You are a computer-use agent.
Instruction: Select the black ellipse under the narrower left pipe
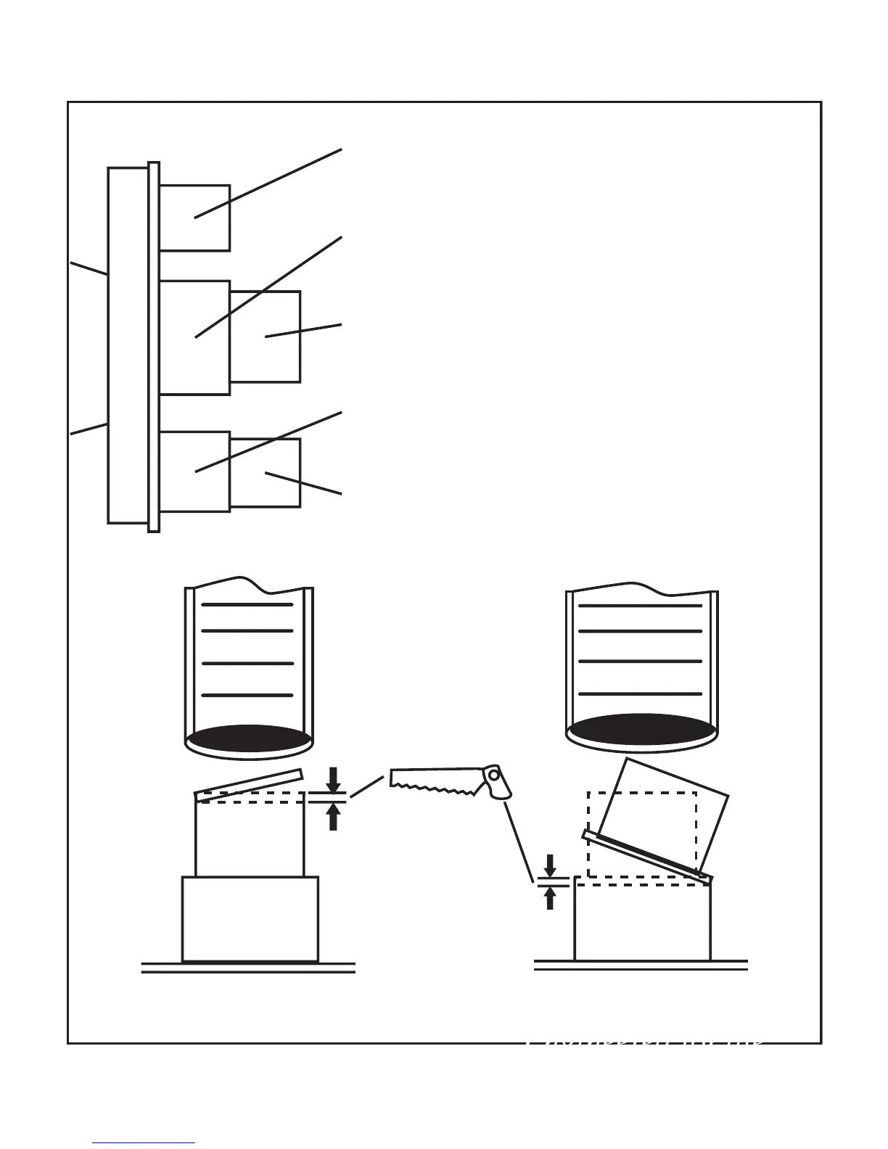[249, 738]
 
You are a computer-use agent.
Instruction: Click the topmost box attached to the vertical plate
[194, 218]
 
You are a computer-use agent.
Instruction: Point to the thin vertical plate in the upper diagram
[153, 347]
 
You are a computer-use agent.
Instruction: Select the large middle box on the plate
[194, 337]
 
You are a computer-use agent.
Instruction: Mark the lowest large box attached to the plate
[194, 471]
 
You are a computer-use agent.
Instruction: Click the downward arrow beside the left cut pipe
[334, 780]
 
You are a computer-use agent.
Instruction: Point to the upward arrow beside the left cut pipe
[334, 818]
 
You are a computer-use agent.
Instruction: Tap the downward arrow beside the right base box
[550, 865]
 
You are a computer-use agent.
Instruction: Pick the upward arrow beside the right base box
[550, 899]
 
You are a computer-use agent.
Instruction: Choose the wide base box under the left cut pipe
[250, 918]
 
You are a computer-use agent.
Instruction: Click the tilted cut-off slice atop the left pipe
[249, 785]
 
